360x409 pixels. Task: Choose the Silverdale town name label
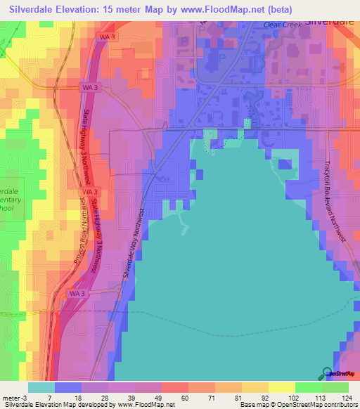coord(331,20)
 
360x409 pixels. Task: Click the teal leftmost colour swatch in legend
coord(41,387)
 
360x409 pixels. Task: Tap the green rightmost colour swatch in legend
coord(335,387)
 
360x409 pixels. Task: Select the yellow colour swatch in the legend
coord(281,387)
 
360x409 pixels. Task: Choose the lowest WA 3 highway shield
coord(77,292)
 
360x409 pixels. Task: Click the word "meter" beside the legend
coord(10,397)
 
